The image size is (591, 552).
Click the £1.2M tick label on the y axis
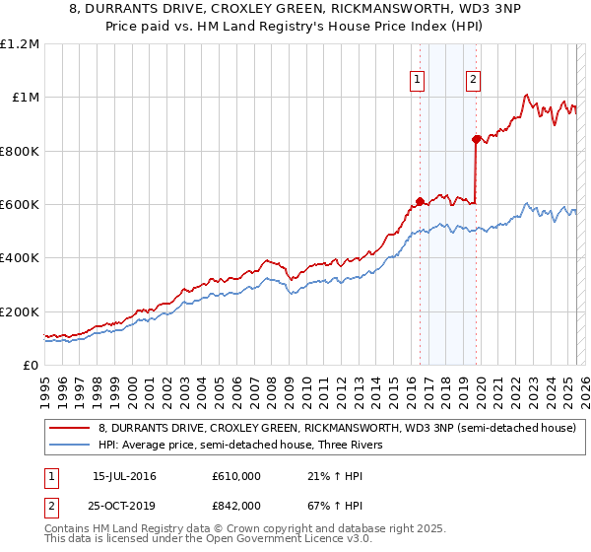coord(20,43)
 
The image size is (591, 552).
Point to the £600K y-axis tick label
coord(20,204)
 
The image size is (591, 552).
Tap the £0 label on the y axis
coord(32,365)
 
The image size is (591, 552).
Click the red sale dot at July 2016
coord(420,201)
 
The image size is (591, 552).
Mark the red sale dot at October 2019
coord(476,139)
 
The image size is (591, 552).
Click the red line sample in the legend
coord(69,428)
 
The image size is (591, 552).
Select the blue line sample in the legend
coord(69,446)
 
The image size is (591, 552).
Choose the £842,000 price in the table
coord(235,505)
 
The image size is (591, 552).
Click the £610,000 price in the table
coord(235,477)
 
